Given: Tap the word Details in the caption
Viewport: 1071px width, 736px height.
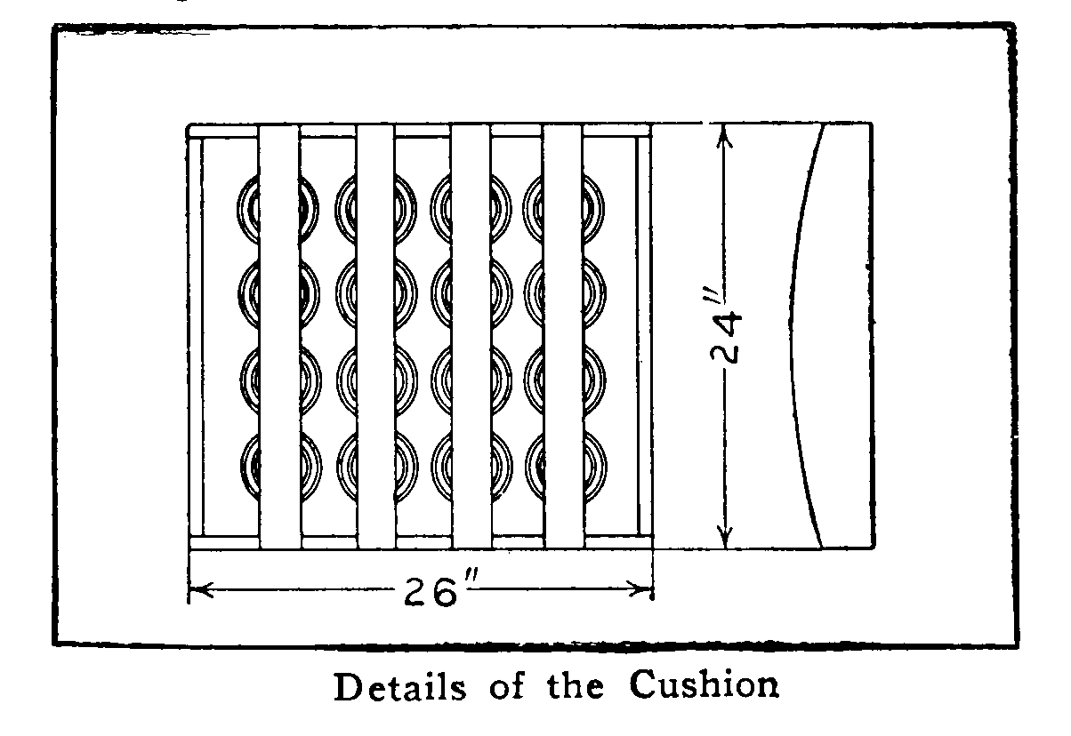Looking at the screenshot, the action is [x=400, y=687].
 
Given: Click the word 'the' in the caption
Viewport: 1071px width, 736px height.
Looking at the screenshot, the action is [x=576, y=686].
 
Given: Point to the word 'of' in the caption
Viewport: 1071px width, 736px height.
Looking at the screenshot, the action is [x=507, y=686].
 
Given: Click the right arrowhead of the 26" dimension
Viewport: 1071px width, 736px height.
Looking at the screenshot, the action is [x=640, y=589].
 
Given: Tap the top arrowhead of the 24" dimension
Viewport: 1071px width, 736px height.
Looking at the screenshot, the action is [x=725, y=136].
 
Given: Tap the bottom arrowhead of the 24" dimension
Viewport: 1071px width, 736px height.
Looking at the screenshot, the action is [x=725, y=536].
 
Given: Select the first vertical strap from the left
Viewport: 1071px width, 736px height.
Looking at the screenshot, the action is [x=279, y=337].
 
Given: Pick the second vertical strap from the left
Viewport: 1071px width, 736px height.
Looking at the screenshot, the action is [x=376, y=337].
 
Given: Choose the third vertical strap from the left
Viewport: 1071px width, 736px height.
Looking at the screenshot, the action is [x=471, y=337].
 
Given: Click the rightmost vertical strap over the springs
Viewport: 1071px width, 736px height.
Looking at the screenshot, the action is [x=563, y=337].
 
